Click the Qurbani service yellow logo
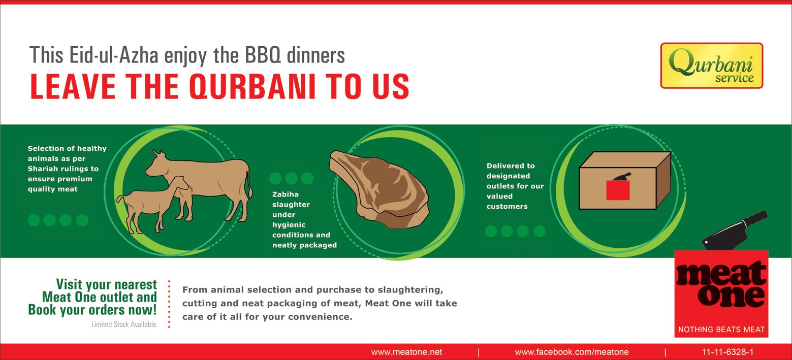tap(711, 66)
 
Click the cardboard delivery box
tap(624, 181)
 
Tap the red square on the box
tap(618, 190)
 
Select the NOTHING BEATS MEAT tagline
tap(721, 330)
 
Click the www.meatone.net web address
tap(406, 352)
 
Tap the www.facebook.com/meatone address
tap(572, 352)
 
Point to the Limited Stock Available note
tap(123, 324)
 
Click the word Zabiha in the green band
tap(285, 194)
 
